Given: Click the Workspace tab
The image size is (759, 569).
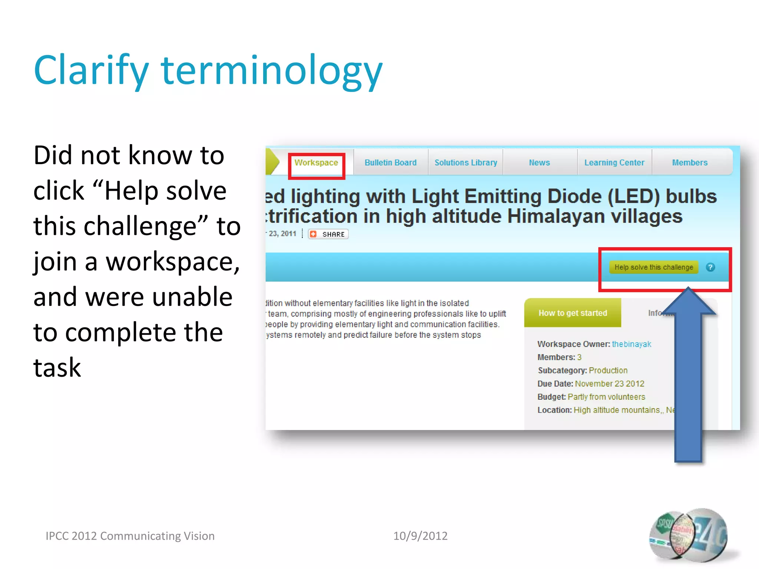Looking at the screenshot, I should pos(316,163).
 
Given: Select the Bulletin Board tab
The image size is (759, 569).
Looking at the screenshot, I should pos(391,163).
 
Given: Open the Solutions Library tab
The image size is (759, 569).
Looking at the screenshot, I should pos(466,163).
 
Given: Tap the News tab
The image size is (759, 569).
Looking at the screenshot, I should pos(540,163).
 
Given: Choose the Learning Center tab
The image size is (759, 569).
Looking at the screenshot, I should pos(614,163).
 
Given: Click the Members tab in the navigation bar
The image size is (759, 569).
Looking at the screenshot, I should pos(690,163).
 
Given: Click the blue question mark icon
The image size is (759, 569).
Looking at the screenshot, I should pos(710,267).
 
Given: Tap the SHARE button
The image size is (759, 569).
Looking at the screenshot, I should pos(329,234).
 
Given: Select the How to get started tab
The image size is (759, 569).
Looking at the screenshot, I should pos(573,313).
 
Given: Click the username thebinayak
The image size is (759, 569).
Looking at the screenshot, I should pos(632,344).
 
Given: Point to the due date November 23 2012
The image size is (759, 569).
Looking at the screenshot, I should pos(610,384).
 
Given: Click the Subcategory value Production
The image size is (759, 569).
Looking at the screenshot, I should pos(608,370).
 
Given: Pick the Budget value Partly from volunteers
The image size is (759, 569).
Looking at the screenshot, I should pos(606,397).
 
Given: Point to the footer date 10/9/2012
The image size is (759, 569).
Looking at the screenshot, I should pos(420,536).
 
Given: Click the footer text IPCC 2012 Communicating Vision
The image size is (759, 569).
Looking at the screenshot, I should pos(130,536).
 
